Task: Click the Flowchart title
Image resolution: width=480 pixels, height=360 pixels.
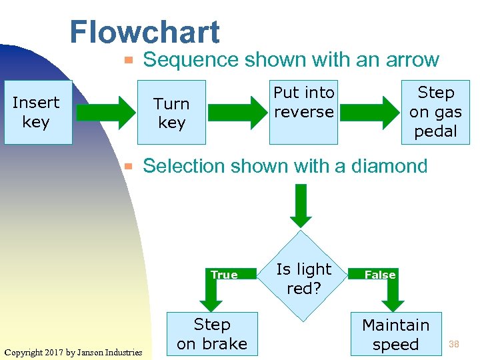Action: click(144, 32)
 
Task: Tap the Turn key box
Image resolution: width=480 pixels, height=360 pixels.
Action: click(171, 113)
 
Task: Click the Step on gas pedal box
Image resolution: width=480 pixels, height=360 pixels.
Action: click(435, 111)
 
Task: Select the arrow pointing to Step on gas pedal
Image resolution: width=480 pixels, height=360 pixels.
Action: click(369, 112)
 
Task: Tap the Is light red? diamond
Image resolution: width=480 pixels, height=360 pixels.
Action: click(303, 279)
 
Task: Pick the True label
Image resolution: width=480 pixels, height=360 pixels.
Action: click(224, 275)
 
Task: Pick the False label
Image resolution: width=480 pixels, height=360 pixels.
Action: click(379, 275)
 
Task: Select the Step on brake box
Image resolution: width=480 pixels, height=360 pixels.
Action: click(211, 334)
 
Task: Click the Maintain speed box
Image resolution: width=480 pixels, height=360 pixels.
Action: click(395, 334)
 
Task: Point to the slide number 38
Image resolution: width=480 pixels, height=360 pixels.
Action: click(454, 344)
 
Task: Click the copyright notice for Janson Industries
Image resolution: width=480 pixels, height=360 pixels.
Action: click(73, 352)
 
